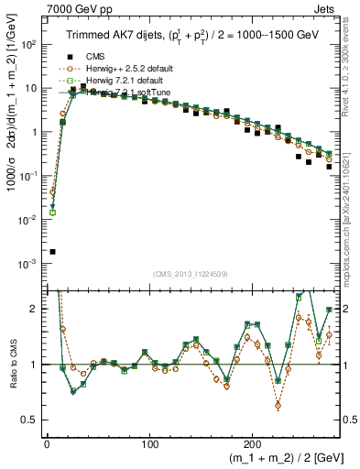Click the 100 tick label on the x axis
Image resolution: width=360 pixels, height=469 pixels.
click(x=151, y=443)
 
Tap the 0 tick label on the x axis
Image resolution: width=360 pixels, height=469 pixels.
click(x=47, y=443)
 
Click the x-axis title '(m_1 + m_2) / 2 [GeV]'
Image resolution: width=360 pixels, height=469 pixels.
click(x=276, y=458)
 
